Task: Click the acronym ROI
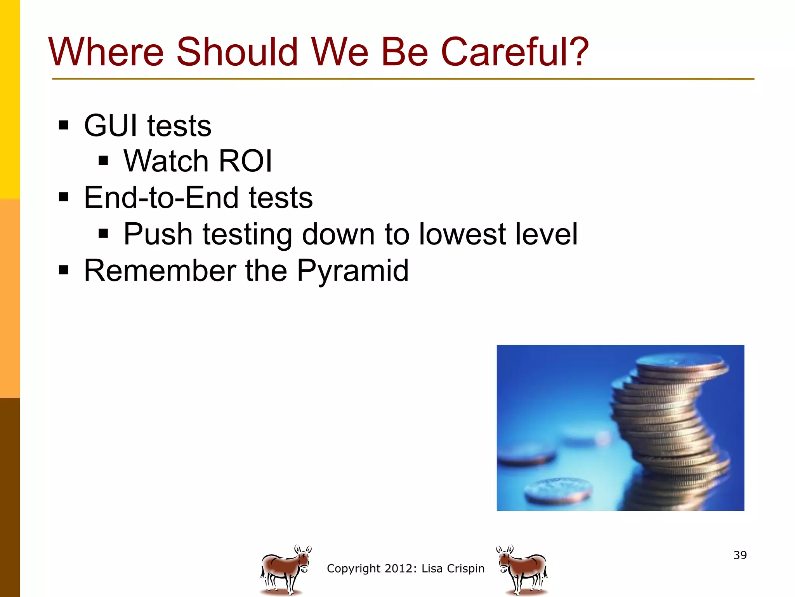coord(245,161)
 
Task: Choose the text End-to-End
coord(161,197)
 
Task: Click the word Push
coord(158,234)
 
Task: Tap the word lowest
coord(462,234)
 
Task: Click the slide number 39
coord(740,555)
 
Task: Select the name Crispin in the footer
coord(465,569)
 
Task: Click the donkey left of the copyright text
coord(285,570)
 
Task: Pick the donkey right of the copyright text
coord(522,570)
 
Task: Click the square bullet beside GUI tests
coord(64,126)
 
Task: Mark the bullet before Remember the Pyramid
coord(64,270)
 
